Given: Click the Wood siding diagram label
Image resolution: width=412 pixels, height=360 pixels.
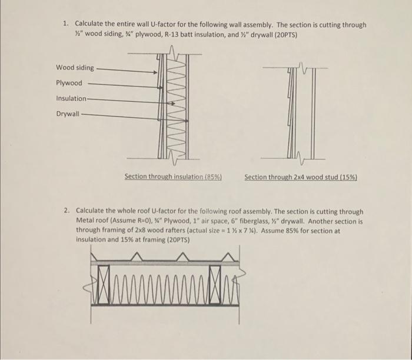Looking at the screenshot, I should (x=75, y=68).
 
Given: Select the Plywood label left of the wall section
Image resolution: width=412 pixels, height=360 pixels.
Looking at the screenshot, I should (x=69, y=84).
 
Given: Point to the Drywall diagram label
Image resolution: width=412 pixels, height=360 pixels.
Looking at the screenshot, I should (x=68, y=114).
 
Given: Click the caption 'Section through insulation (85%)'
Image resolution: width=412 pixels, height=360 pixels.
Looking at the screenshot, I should (x=172, y=176).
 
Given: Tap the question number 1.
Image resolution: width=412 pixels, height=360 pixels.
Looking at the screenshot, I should (x=67, y=25).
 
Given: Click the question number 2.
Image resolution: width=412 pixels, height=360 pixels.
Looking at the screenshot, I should (x=68, y=211).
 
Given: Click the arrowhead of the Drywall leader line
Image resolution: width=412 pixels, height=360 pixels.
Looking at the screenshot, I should (x=181, y=115).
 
